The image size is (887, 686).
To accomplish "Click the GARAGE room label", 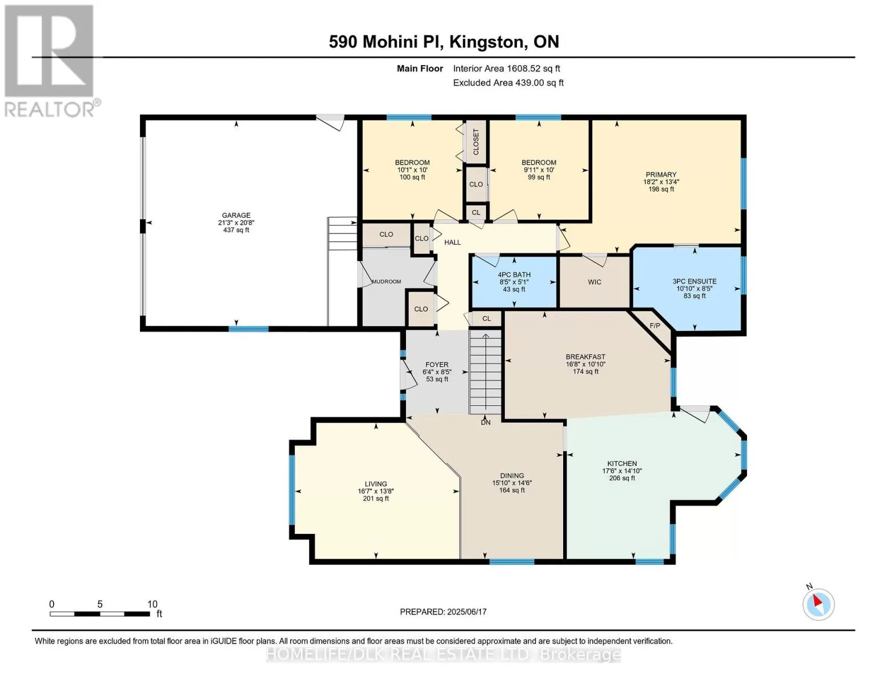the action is [236, 216].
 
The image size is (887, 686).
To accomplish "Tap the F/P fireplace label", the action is [655, 326].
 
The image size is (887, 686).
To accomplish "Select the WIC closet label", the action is [595, 282].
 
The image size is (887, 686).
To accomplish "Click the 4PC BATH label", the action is [514, 275].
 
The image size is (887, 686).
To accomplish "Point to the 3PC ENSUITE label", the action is [695, 281].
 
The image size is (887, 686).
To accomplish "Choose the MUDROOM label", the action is [386, 281].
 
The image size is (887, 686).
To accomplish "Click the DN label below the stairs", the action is [485, 422].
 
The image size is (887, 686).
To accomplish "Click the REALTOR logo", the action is [50, 61].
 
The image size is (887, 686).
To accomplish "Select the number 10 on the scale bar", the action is [152, 604].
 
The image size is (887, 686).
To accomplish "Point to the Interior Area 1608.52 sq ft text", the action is [507, 69].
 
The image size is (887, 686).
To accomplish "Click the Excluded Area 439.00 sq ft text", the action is [508, 83].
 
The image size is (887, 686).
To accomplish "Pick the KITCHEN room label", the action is [622, 464].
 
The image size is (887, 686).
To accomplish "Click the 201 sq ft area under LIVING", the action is [376, 499].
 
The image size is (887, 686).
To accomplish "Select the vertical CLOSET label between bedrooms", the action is [476, 142].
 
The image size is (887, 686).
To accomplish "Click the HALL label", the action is [452, 242].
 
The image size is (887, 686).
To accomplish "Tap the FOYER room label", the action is [437, 365].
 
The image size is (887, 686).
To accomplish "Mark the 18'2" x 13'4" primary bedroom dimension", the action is [661, 182].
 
